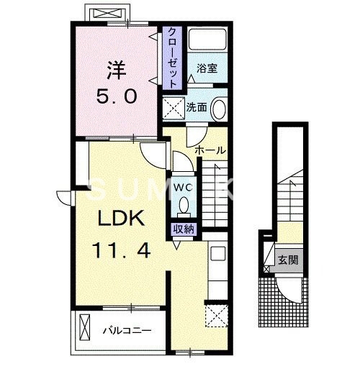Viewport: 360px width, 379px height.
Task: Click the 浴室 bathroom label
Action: click(207, 68)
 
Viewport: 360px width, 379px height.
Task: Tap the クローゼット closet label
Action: click(172, 58)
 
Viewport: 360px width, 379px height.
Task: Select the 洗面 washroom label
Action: click(197, 107)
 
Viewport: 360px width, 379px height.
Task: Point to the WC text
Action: click(184, 188)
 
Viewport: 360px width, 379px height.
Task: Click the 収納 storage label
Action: click(184, 229)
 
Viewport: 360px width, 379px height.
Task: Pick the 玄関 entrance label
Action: click(288, 260)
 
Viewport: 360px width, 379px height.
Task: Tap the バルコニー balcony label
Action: click(127, 330)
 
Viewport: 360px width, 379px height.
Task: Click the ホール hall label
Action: click(210, 150)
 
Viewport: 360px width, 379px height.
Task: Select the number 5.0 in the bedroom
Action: click(117, 96)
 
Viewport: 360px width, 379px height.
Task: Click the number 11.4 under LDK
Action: click(121, 251)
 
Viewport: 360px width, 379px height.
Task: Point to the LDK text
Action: click(121, 218)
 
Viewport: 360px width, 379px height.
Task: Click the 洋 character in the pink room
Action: click(117, 70)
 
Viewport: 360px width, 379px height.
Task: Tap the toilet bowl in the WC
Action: click(184, 205)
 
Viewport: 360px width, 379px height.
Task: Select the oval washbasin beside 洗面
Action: click(219, 108)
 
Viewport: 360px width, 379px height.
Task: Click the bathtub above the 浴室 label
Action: click(207, 40)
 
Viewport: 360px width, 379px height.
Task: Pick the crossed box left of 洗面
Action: click(174, 108)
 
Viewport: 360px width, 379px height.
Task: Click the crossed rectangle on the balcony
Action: click(85, 327)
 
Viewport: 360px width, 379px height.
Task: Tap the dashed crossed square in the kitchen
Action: click(217, 316)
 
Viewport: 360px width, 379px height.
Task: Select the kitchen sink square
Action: click(218, 253)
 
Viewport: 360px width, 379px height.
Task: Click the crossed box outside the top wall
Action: click(107, 13)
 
